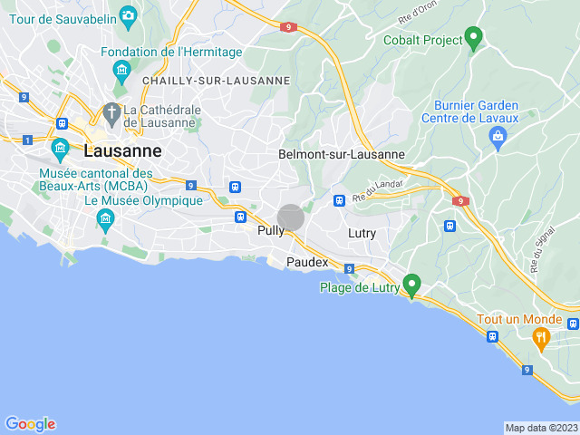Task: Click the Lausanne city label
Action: pos(122,151)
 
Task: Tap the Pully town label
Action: pos(270,231)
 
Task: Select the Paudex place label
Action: pos(307,262)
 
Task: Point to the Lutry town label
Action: pos(362,234)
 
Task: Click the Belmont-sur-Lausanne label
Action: pos(342,155)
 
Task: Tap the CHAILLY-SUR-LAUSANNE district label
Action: pos(216,81)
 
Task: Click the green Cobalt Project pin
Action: pos(472,37)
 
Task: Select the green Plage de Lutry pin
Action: pos(412,285)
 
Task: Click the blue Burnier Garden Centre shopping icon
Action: pos(497,137)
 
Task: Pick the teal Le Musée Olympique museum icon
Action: pos(105,218)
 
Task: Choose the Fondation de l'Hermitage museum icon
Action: pos(121,70)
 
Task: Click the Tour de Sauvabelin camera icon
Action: pos(128,15)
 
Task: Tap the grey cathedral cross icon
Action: pos(111,114)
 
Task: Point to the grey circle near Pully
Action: pos(291,217)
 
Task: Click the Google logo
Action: pos(31,424)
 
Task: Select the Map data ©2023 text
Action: pos(541,429)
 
